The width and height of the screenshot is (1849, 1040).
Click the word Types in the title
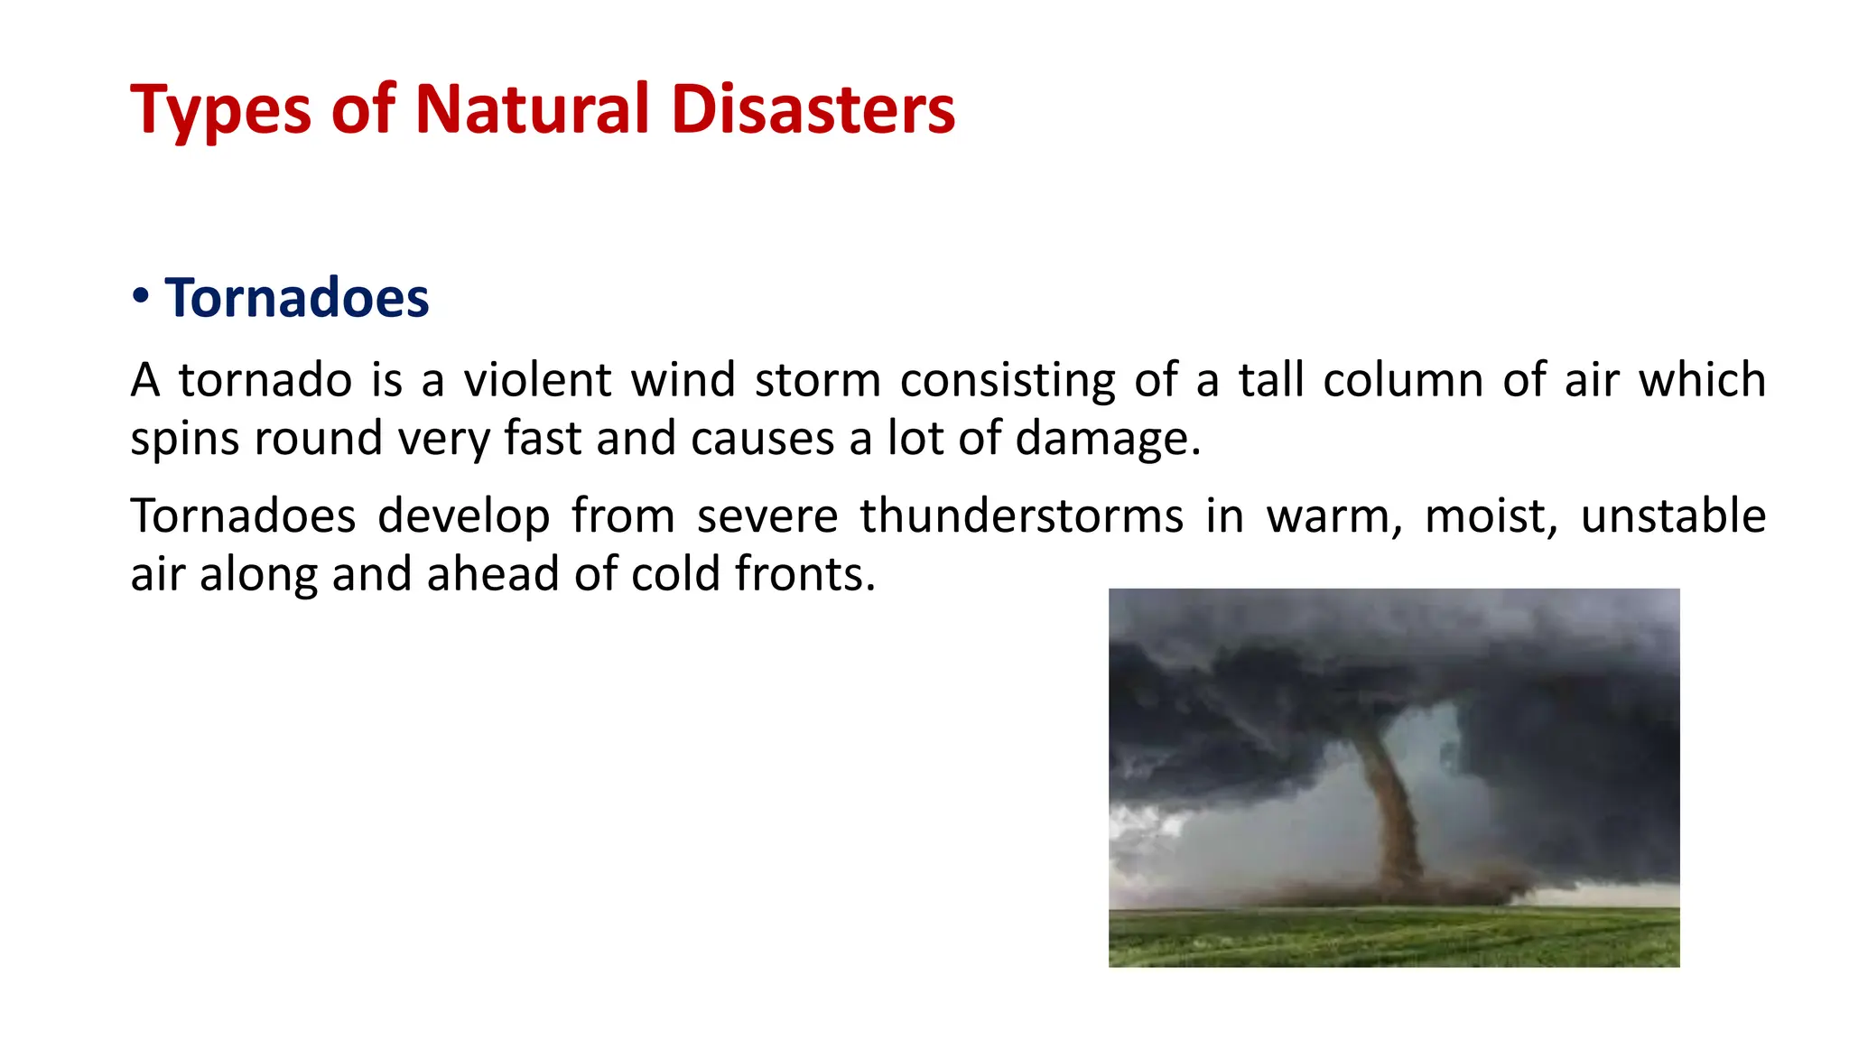point(220,110)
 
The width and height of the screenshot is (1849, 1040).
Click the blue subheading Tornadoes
point(296,298)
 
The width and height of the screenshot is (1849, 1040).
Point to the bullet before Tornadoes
point(140,296)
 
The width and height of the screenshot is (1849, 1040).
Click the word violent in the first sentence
point(538,380)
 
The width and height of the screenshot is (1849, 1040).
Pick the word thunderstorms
point(1021,516)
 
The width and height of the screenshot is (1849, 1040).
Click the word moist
point(1491,516)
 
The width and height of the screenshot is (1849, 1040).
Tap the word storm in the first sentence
point(817,380)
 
